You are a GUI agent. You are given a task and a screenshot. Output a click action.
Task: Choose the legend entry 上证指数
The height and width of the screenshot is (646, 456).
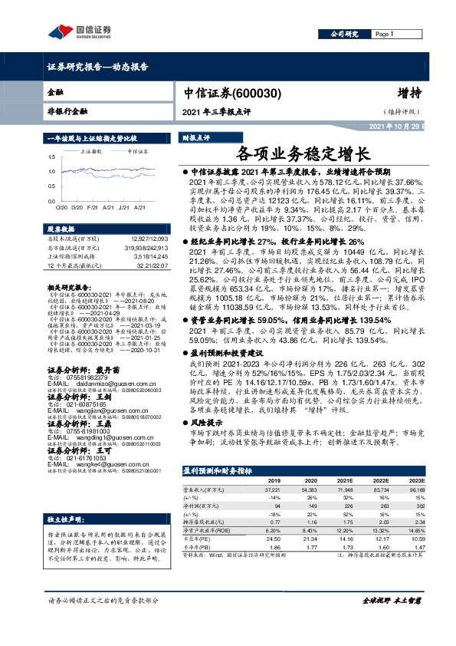93,152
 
